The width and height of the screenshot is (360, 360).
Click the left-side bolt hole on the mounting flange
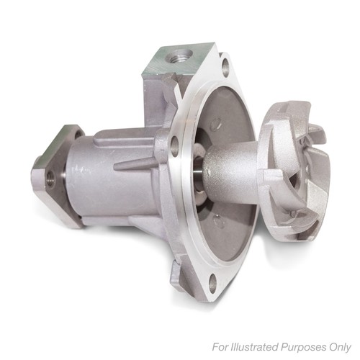[175, 145]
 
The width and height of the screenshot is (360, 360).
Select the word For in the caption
[220, 347]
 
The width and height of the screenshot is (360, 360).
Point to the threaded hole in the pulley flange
[51, 179]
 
